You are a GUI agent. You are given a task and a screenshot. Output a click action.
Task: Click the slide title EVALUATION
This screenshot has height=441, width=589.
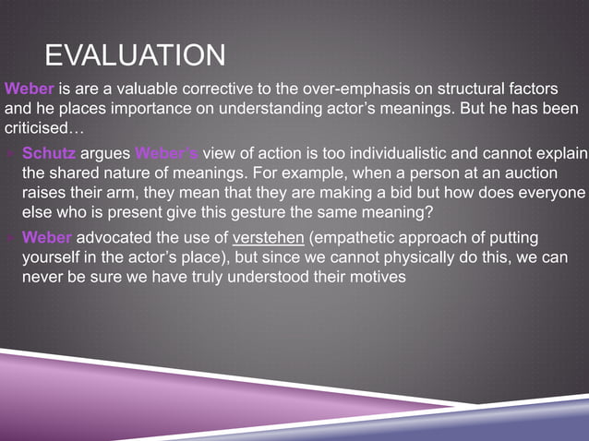coord(135,54)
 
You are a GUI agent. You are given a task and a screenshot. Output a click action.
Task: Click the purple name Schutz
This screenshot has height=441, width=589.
coord(48,152)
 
